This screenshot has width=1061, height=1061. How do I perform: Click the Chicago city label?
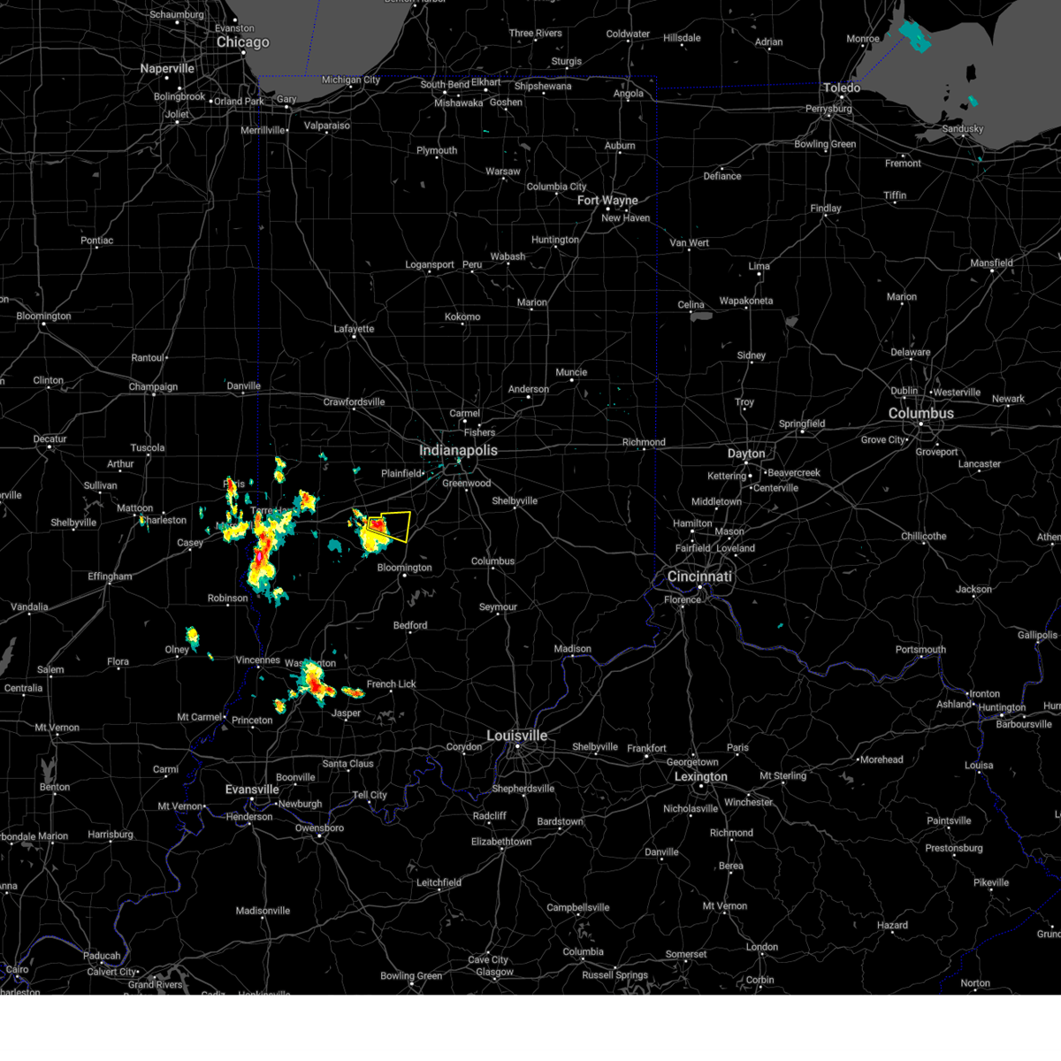[x=242, y=42]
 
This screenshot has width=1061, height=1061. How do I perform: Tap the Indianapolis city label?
[x=458, y=451]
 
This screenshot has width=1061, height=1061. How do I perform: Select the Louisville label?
[x=516, y=736]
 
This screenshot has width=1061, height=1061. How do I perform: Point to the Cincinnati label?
[x=699, y=576]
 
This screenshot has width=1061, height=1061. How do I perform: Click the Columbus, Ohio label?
[x=920, y=414]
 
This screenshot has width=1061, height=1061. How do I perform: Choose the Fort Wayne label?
[x=607, y=201]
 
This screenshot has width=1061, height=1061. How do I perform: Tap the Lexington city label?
[x=700, y=777]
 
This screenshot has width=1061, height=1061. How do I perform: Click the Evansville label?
[x=252, y=790]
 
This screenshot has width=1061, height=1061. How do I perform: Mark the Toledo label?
[x=841, y=88]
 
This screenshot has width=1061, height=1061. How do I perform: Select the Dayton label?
[x=746, y=454]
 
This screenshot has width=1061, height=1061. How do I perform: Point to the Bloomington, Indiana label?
[x=404, y=568]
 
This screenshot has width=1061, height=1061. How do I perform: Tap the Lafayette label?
[x=354, y=329]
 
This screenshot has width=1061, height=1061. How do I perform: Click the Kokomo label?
[x=462, y=317]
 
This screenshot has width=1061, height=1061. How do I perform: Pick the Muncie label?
[x=571, y=372]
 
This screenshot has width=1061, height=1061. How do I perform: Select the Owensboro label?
[x=319, y=828]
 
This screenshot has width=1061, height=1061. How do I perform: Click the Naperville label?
[x=167, y=69]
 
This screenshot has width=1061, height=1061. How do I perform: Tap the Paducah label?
[x=102, y=956]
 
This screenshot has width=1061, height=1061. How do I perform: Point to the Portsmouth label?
[x=920, y=650]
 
